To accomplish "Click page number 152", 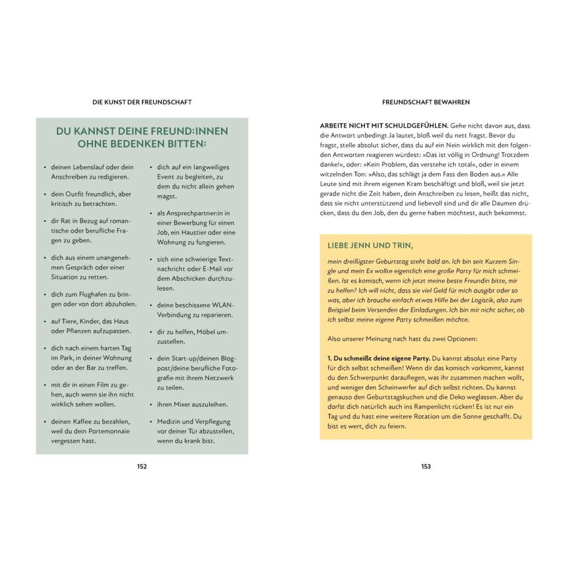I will pyautogui.click(x=142, y=466).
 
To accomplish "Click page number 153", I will pyautogui.click(x=426, y=466).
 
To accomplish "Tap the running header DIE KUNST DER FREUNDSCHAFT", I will pyautogui.click(x=142, y=102).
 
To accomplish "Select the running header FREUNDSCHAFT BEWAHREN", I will pyautogui.click(x=426, y=102).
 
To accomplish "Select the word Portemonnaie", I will pyautogui.click(x=109, y=431).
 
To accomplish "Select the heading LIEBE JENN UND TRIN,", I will pyautogui.click(x=371, y=245).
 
